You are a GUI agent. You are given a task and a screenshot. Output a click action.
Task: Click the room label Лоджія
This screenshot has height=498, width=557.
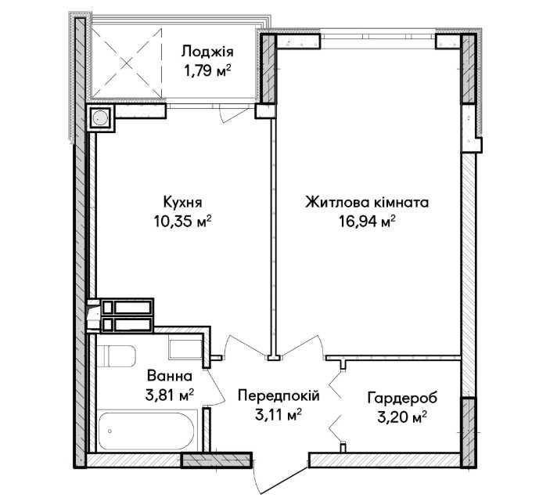207,52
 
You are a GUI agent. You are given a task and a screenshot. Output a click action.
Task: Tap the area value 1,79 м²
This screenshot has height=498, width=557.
207,70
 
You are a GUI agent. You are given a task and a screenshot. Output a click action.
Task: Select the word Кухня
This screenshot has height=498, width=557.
182,202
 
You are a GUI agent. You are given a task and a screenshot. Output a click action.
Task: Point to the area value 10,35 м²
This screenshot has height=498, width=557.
182,221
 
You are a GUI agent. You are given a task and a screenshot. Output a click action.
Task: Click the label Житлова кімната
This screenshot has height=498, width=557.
367,202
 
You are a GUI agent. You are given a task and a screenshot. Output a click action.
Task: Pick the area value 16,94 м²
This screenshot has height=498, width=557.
367,222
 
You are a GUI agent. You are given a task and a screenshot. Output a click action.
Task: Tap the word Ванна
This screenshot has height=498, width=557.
170,376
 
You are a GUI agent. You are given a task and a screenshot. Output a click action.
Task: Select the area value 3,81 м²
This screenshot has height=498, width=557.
170,395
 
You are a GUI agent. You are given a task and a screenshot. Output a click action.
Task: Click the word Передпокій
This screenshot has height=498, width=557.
278,395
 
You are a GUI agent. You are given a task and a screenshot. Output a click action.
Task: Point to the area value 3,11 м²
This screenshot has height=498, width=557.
278,414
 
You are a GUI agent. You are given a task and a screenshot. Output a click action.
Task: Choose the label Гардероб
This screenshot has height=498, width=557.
402,398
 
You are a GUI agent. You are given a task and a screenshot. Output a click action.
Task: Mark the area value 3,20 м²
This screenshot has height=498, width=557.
402,417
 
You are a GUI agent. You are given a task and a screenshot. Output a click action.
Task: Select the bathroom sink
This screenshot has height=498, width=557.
185,349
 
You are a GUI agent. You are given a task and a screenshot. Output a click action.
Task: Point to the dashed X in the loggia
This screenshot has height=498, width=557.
127,63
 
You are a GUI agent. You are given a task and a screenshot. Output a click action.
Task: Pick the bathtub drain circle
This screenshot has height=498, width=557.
110,431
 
